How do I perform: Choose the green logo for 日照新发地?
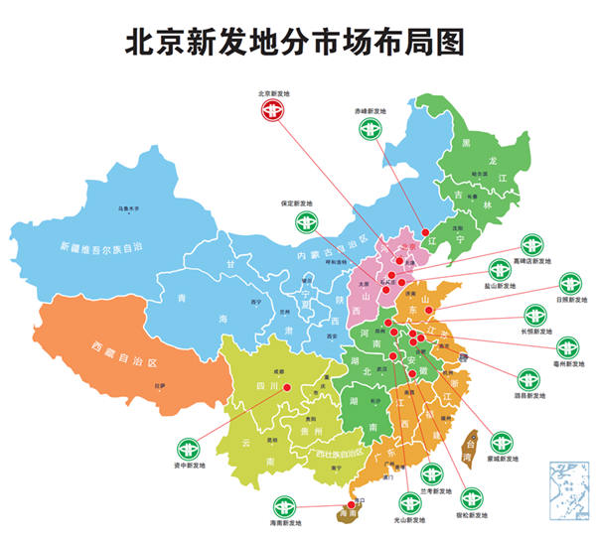point(569,283)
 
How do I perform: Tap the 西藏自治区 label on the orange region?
point(125,352)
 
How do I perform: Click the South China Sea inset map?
point(570,485)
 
